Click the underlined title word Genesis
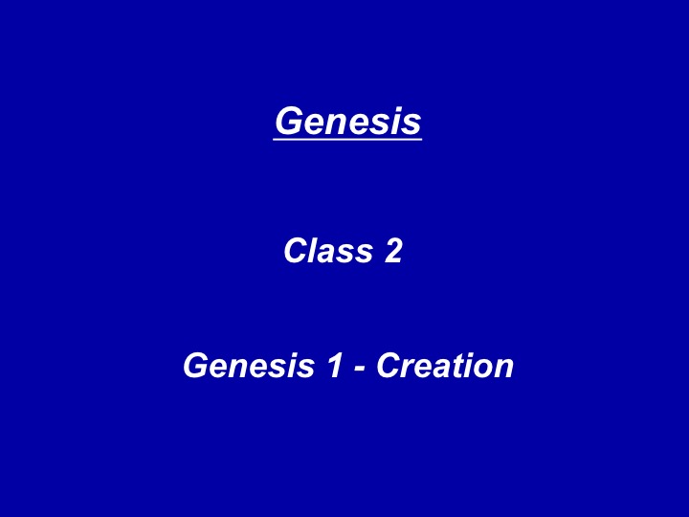click(348, 121)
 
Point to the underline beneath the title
click(347, 139)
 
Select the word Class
click(328, 251)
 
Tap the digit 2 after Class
click(393, 251)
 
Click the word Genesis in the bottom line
click(249, 365)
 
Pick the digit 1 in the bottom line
click(335, 365)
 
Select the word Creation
click(445, 365)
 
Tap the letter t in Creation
click(457, 366)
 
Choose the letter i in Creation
click(468, 365)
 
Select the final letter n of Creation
click(503, 369)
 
